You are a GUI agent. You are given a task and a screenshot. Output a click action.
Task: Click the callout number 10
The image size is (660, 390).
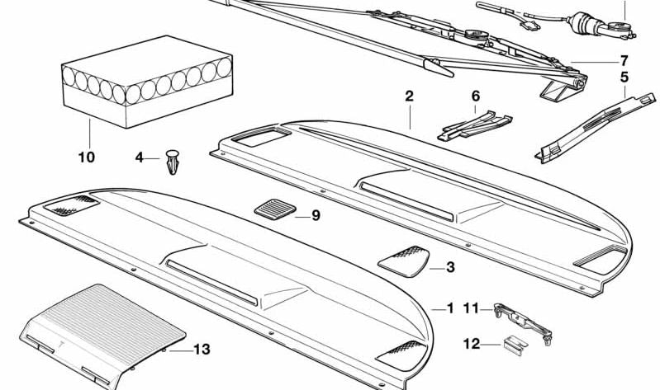87,157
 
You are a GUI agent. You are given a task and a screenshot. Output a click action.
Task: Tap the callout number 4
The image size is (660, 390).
140,157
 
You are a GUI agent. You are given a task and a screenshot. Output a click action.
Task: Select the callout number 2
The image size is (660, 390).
409,96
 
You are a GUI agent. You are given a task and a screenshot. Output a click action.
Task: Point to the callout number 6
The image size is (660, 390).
475,96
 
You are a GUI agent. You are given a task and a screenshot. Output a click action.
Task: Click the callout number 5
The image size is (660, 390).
624,78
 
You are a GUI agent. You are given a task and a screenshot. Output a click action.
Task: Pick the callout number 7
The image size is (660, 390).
624,60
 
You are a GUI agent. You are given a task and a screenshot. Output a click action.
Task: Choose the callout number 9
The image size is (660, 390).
315,216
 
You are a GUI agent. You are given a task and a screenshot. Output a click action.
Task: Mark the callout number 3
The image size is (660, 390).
450,267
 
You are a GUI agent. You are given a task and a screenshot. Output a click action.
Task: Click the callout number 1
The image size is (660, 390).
450,308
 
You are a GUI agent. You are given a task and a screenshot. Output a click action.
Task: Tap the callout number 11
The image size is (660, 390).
471,308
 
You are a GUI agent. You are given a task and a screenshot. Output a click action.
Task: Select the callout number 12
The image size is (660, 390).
471,344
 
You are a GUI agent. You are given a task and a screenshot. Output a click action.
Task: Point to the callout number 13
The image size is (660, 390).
202,350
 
